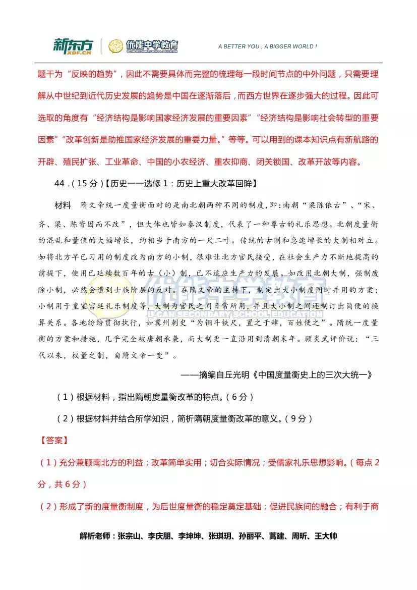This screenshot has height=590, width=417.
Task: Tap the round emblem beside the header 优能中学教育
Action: point(115,46)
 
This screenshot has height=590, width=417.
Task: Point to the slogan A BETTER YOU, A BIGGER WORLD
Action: point(267,46)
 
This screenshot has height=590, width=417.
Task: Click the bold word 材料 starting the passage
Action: point(63,206)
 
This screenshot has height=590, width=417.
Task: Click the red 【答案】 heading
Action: point(52,440)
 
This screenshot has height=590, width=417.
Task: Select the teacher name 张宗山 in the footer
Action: point(130,536)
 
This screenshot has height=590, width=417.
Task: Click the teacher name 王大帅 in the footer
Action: point(326,536)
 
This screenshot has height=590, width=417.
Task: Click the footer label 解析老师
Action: point(96,536)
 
